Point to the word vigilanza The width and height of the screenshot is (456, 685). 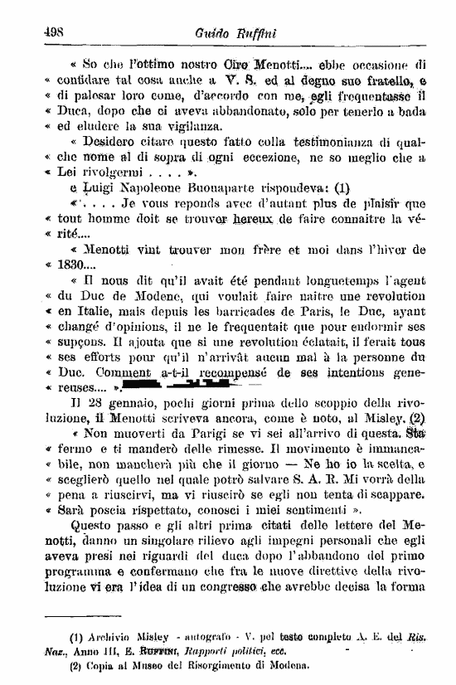pos(169,127)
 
